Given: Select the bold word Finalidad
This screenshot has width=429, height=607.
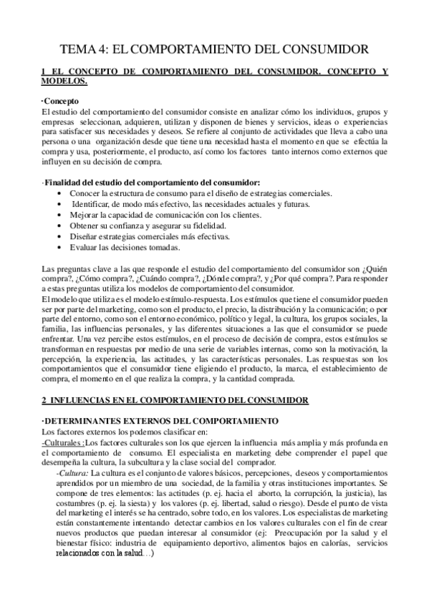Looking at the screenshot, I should click(69, 184).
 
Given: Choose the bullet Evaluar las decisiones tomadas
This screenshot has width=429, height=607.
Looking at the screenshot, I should click(125, 248).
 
